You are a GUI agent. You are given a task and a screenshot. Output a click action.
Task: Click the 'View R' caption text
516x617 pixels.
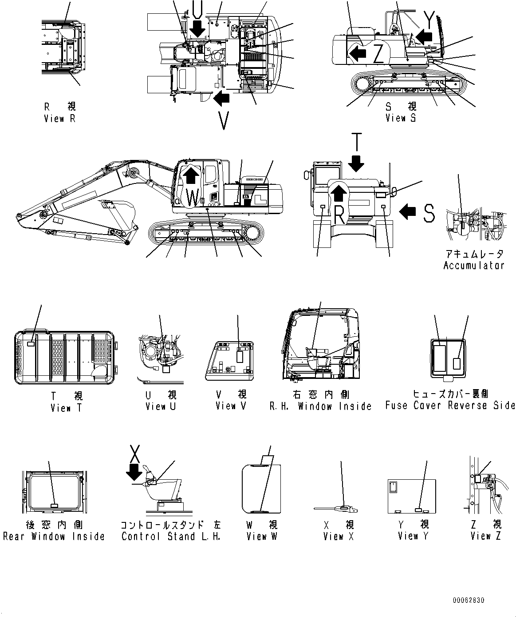[x=60, y=119]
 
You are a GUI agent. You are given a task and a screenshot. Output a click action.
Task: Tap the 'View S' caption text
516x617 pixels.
[x=401, y=118]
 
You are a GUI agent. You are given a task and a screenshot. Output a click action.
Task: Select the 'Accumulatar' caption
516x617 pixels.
[x=474, y=266]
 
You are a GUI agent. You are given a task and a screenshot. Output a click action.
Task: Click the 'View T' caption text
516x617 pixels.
[x=67, y=408]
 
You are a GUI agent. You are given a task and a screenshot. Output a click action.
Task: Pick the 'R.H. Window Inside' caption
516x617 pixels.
[x=320, y=406]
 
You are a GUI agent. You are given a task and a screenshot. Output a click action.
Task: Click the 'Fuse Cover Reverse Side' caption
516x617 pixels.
[x=450, y=406]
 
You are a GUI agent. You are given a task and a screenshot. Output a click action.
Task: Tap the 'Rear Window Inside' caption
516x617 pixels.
[x=54, y=537]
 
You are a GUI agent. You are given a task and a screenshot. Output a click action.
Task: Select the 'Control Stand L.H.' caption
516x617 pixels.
[x=171, y=537]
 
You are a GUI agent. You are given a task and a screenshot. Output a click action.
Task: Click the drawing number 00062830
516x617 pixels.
[x=469, y=600]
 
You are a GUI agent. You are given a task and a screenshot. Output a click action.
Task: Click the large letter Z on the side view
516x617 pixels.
[x=378, y=55]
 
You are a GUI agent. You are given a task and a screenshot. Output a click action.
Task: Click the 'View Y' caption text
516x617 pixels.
[x=413, y=537]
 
